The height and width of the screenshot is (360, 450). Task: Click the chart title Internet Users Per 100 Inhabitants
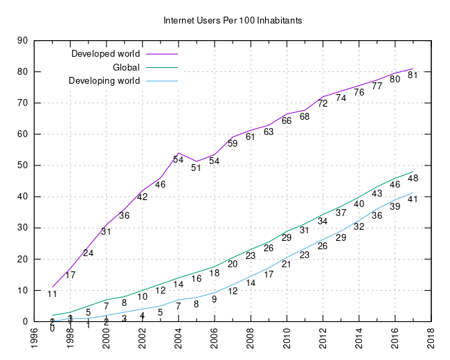[x=233, y=21]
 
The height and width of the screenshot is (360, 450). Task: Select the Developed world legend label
[x=106, y=53]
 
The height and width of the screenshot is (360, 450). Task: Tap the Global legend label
[x=126, y=67]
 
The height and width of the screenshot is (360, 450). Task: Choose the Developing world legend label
[x=105, y=81]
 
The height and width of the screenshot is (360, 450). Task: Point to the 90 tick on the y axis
[x=21, y=40]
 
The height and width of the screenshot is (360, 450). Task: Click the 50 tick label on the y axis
[x=21, y=165]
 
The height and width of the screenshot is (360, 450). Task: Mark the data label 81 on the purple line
[x=413, y=75]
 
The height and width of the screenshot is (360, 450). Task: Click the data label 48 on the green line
[x=413, y=178]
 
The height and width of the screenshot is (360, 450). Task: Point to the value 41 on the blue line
[x=413, y=199]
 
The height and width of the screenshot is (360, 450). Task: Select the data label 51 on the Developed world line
[x=196, y=168]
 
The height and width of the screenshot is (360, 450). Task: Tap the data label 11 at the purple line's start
[x=52, y=294]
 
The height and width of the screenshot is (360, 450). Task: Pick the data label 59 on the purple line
[x=233, y=143]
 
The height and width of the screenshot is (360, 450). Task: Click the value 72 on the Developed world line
[x=323, y=103]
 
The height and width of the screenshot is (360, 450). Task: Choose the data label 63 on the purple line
[x=269, y=132]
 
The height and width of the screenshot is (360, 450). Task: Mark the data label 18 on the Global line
[x=215, y=273]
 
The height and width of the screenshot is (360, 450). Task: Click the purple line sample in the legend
[x=161, y=53]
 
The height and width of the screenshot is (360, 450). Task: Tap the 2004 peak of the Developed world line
[x=179, y=152]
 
